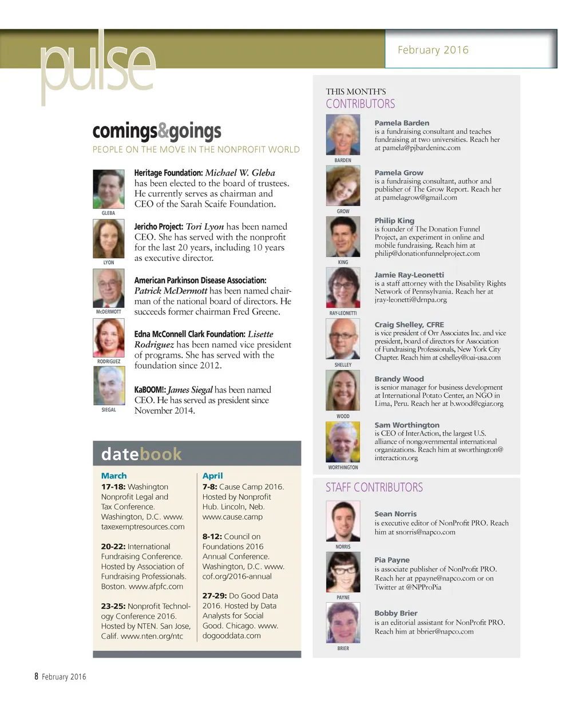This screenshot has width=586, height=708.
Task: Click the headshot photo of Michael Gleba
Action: (108, 189)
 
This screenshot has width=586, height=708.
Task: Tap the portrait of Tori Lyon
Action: (108, 239)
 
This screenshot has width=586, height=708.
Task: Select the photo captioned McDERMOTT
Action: (108, 288)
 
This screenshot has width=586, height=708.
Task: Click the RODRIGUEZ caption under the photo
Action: (109, 362)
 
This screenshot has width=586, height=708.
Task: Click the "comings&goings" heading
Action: (157, 131)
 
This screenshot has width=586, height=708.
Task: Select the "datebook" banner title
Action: (141, 454)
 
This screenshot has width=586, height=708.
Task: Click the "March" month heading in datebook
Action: (114, 476)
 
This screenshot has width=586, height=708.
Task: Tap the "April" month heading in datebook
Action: (212, 476)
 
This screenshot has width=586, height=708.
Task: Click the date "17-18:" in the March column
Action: (113, 486)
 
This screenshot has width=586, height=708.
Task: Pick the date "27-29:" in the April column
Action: (214, 596)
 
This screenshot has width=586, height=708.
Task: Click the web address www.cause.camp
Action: (232, 517)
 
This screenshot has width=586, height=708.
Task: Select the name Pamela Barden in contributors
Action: (402, 123)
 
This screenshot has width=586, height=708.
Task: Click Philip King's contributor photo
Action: (343, 237)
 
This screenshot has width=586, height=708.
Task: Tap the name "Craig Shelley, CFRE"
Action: (409, 325)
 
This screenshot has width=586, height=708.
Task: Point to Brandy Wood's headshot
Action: (343, 391)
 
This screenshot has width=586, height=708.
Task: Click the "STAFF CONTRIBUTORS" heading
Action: (374, 488)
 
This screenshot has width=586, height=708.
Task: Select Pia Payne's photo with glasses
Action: (343, 572)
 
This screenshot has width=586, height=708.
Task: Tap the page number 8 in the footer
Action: (36, 677)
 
